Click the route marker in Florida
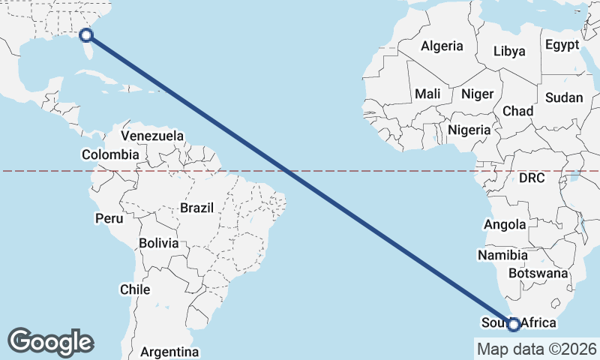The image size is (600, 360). click(86, 34)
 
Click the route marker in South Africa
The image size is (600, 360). click(514, 324)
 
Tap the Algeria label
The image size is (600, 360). click(442, 46)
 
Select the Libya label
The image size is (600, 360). click(509, 52)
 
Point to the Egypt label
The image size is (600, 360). click(562, 45)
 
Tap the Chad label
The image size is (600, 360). click(517, 111)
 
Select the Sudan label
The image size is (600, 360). click(564, 97)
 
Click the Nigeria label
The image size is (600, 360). click(469, 130)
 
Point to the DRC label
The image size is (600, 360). click(532, 178)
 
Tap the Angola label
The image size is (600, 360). click(505, 224)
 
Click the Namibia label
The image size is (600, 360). click(502, 255)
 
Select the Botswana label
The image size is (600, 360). click(538, 274)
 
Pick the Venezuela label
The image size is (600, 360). click(152, 136)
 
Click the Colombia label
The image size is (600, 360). click(110, 154)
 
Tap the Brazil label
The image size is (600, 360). click(197, 207)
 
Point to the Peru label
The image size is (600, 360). click(109, 218)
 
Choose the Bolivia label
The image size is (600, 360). click(158, 243)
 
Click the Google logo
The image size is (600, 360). click(50, 341)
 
